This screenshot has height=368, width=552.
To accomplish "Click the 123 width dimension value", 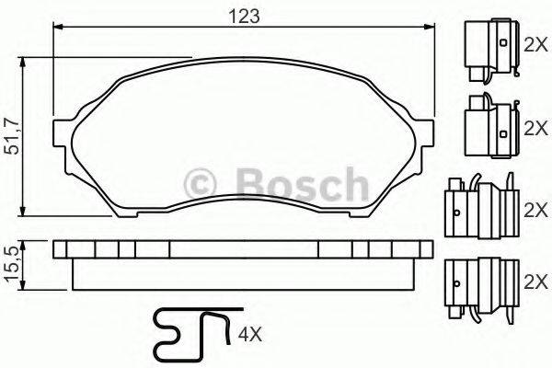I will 244,16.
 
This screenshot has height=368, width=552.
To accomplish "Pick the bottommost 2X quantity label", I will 535,277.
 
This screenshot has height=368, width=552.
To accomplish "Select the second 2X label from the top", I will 535,129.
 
